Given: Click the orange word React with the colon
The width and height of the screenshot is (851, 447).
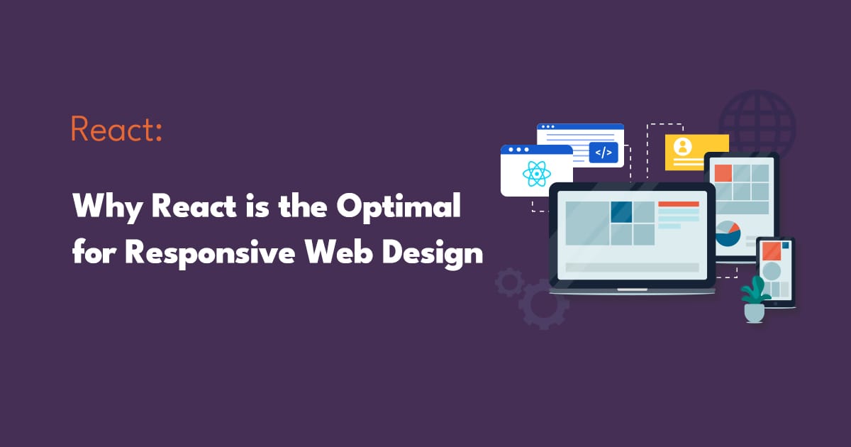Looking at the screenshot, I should [117, 130].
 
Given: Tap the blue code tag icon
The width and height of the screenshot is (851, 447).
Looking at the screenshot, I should [604, 153].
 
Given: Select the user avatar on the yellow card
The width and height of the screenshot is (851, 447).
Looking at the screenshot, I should [683, 146].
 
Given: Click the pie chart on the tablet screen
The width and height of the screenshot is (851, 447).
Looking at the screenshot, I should [728, 233].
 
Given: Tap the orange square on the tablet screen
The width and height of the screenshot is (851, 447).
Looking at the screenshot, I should [723, 173].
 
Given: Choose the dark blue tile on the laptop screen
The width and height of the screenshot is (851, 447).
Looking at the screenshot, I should [621, 211].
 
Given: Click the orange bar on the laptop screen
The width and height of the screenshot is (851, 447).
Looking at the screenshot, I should [678, 204].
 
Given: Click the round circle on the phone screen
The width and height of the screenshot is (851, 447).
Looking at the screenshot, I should [771, 271].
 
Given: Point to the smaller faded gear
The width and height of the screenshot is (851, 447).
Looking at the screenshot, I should [508, 282].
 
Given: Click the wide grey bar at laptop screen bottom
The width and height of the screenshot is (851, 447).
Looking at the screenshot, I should [631, 267].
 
